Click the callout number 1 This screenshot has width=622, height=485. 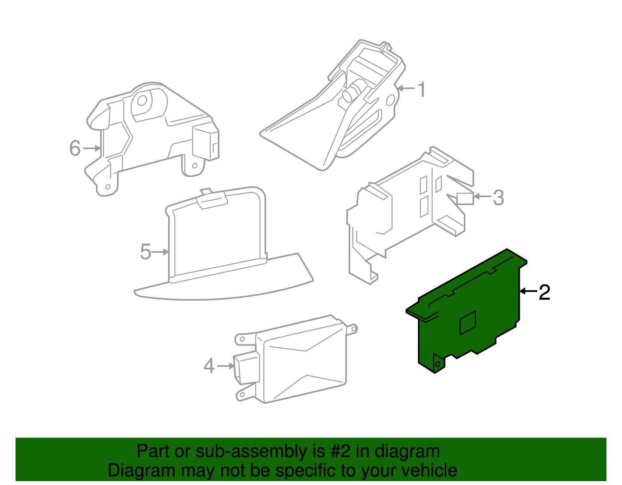(x=421, y=89)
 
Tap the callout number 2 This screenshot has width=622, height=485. (x=544, y=292)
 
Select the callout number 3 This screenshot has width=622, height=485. (x=498, y=198)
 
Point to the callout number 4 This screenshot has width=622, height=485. (x=209, y=366)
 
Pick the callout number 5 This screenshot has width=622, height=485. (x=145, y=252)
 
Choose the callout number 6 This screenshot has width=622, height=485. (x=75, y=148)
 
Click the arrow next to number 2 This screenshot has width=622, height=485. (x=528, y=291)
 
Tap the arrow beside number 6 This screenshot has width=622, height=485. (x=92, y=148)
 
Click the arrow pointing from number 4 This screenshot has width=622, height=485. (x=226, y=366)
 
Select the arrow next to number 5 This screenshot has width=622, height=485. (x=160, y=252)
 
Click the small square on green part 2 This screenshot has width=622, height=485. (x=468, y=323)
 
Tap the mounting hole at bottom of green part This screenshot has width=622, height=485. (x=438, y=364)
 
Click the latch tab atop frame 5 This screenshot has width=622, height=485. (x=212, y=199)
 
